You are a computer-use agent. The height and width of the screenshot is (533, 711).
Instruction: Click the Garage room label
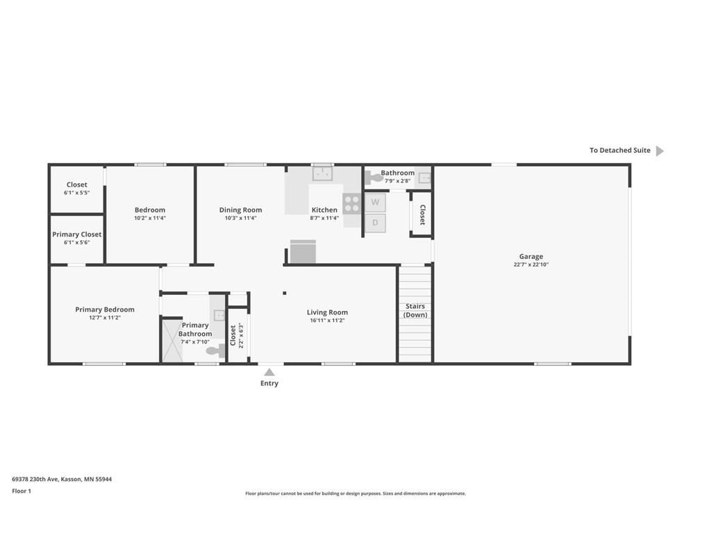(x=531, y=257)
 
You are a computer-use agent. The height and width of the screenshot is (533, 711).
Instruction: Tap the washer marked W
(x=375, y=202)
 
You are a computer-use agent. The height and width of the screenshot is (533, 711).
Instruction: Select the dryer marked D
(x=375, y=223)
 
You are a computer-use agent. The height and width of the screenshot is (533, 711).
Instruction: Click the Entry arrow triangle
(x=269, y=372)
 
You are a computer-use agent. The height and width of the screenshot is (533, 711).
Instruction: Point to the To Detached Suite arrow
(x=660, y=151)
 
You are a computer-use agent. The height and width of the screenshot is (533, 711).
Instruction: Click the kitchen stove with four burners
(x=352, y=203)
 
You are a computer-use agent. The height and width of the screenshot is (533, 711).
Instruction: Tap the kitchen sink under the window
(x=322, y=173)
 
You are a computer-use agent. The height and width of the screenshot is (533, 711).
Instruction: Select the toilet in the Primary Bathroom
(x=216, y=350)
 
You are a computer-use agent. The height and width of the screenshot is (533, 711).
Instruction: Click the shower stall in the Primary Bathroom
(x=172, y=341)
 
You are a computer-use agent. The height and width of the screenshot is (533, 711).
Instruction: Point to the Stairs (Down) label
(x=415, y=310)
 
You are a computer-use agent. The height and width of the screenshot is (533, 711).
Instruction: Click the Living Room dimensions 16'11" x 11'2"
(x=328, y=321)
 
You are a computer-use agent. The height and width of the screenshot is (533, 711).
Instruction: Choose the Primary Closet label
(x=76, y=235)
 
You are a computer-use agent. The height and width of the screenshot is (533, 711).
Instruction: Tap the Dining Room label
(x=240, y=210)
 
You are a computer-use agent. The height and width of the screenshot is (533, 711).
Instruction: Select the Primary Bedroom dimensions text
(x=105, y=318)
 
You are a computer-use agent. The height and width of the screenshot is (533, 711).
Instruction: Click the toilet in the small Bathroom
(x=374, y=177)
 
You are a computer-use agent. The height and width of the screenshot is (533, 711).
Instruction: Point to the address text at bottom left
(x=62, y=479)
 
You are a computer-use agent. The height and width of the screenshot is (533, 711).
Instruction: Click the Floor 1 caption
(x=22, y=491)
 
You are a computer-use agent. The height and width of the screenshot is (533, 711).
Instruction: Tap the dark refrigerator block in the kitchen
(x=303, y=251)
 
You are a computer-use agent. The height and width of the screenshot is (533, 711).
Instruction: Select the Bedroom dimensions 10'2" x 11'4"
(x=150, y=218)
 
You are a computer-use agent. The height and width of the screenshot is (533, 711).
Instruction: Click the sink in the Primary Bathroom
(x=219, y=315)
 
